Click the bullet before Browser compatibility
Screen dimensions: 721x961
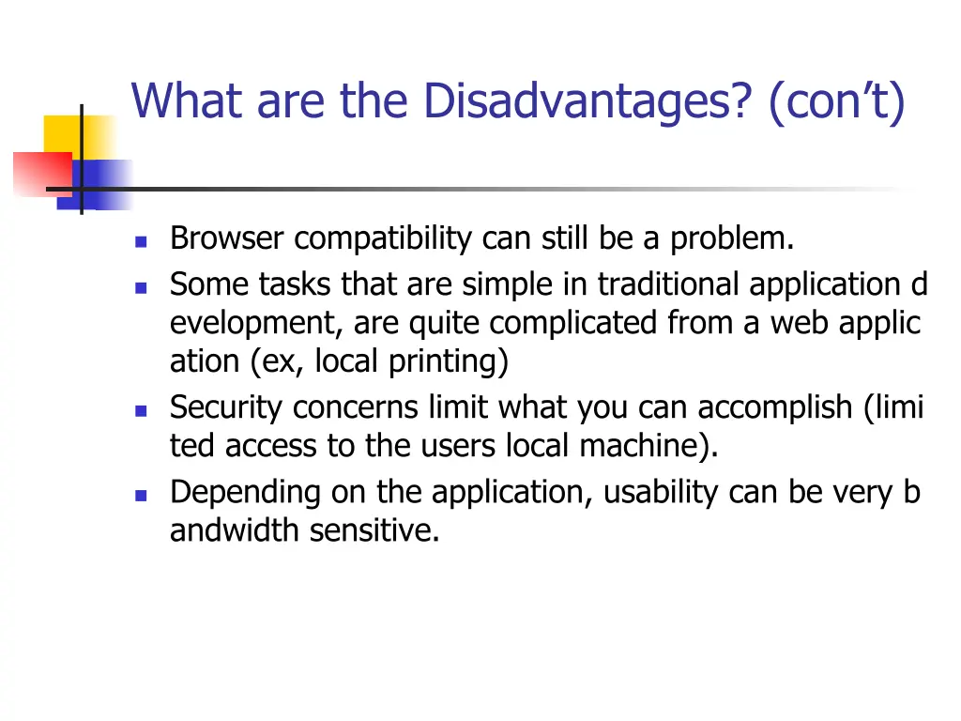click(x=141, y=241)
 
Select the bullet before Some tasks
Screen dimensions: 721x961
click(x=141, y=287)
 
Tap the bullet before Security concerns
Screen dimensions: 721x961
click(x=141, y=411)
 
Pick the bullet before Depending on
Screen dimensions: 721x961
click(x=141, y=495)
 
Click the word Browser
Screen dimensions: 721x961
click(x=226, y=239)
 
